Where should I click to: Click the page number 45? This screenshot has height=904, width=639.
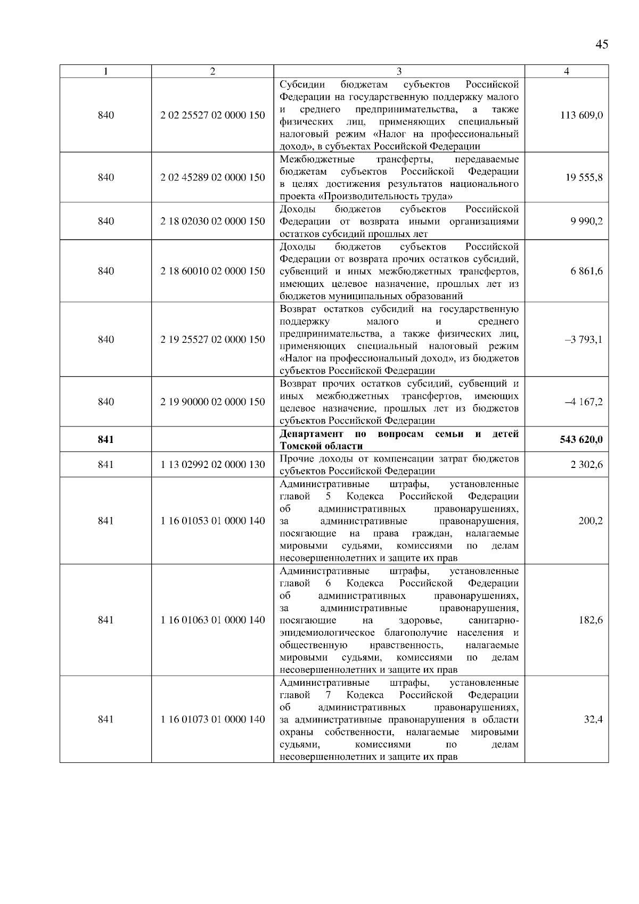[601, 45]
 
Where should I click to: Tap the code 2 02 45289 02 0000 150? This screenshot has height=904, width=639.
[212, 178]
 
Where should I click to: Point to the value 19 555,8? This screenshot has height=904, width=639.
[584, 178]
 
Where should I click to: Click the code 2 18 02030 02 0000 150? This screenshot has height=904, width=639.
[212, 221]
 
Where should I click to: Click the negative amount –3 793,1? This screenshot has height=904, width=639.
[584, 340]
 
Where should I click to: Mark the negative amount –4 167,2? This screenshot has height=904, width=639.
[584, 402]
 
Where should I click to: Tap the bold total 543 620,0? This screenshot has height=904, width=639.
[581, 440]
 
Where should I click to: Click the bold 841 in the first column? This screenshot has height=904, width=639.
[106, 440]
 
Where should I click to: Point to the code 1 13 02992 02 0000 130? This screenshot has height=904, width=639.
[212, 465]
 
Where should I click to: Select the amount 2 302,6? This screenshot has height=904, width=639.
[587, 465]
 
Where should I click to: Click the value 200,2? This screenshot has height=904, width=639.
[591, 521]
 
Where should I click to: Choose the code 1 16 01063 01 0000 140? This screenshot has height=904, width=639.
[212, 620]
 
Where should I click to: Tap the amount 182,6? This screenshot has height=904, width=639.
[591, 620]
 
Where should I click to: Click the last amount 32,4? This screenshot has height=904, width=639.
[593, 720]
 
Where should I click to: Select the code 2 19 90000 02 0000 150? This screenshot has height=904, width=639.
[212, 402]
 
